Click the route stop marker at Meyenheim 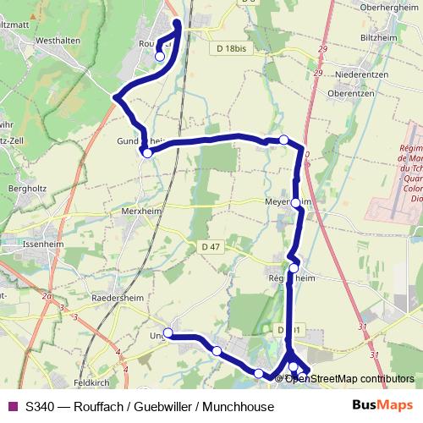click(295, 203)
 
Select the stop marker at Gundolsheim click(147, 153)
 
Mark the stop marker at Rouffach click(160, 57)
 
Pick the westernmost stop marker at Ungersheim click(168, 332)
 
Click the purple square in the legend click(11, 406)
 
